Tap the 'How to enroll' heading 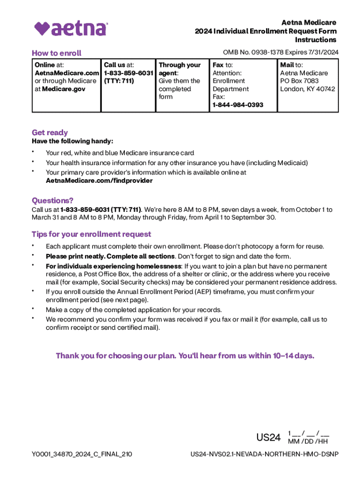(x=57, y=53)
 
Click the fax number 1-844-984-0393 (x=238, y=105)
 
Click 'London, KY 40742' (x=307, y=89)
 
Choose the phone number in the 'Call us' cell (x=129, y=73)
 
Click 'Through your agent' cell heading (x=179, y=69)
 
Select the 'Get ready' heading (x=50, y=132)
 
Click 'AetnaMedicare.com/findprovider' (x=99, y=181)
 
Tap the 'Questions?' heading (x=52, y=200)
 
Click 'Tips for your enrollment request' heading (x=91, y=234)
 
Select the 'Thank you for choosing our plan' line (x=185, y=356)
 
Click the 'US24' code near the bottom (x=268, y=437)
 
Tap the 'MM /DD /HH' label (x=308, y=442)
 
